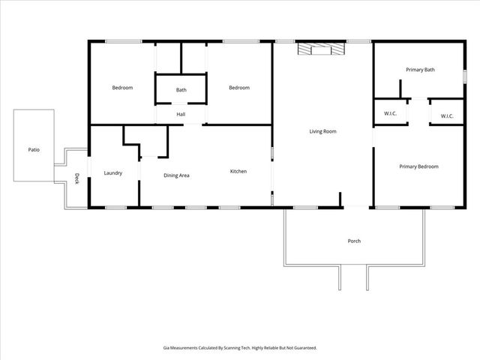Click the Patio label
point(34,150)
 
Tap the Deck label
point(76,178)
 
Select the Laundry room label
point(112,173)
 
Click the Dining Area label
point(176,175)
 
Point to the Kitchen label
point(238,172)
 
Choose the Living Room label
point(323,131)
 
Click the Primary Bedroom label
point(418,166)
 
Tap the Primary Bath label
point(420,70)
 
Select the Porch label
point(354,241)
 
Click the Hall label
point(181,114)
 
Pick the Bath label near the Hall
point(181,90)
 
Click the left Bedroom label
point(122,88)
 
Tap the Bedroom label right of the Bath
point(238,88)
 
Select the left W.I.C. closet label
point(390,114)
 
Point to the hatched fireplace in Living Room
point(320,49)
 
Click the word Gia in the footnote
point(166,348)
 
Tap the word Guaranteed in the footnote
point(301,348)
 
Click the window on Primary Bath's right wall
point(465,76)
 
